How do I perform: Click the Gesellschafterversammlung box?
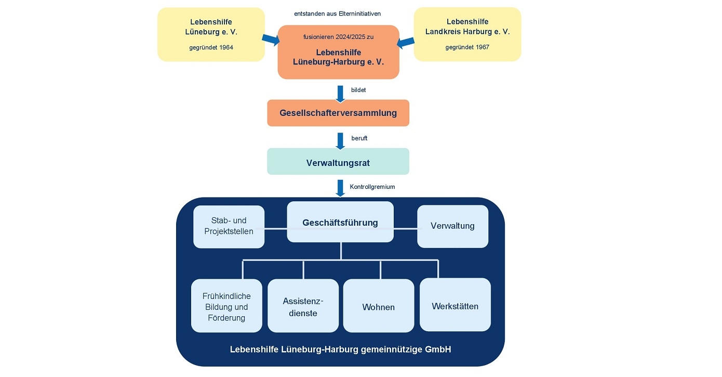click(338, 113)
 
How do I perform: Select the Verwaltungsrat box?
click(338, 161)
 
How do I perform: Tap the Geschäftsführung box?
click(340, 222)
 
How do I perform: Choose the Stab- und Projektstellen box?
click(229, 227)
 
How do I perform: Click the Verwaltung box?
click(452, 226)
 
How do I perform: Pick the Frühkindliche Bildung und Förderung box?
click(226, 306)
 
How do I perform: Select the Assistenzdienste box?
click(303, 306)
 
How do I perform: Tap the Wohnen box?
click(379, 306)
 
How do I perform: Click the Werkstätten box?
click(455, 305)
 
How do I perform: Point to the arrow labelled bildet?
click(340, 94)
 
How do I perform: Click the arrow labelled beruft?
click(340, 141)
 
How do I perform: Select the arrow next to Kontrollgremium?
click(340, 188)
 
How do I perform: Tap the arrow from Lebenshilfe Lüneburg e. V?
click(271, 40)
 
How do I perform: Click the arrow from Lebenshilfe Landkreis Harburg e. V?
click(406, 42)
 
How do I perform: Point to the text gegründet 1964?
click(211, 47)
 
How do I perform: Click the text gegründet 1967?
click(467, 47)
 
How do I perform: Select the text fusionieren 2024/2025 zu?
click(339, 37)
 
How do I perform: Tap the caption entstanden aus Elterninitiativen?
click(338, 14)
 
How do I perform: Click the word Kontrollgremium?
click(372, 187)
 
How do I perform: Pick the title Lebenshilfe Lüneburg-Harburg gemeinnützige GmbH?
click(340, 349)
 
